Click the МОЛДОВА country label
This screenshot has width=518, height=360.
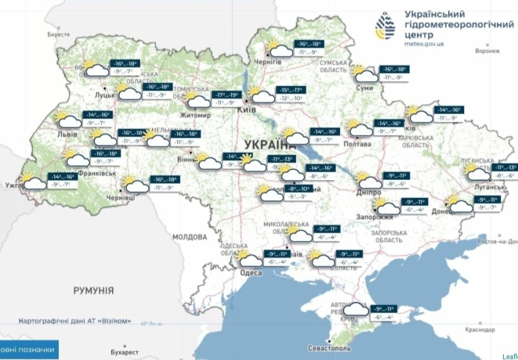188,237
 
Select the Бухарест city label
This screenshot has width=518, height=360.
124,352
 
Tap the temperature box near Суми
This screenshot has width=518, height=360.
393,73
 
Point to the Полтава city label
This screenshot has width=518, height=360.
361,144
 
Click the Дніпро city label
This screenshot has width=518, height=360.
367,192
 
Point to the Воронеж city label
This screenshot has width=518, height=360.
488,51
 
